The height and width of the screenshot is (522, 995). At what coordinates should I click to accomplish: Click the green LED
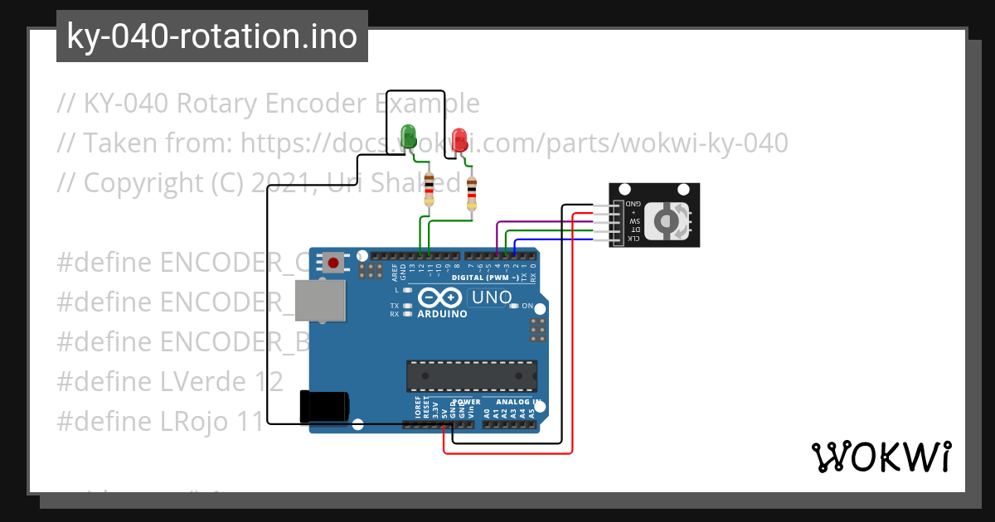click(408, 135)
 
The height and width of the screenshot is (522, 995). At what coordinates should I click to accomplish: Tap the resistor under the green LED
click(429, 190)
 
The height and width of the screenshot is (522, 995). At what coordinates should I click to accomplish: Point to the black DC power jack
click(324, 406)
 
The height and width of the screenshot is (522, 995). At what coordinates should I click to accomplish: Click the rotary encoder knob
click(665, 220)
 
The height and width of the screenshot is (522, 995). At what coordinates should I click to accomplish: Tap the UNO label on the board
click(491, 297)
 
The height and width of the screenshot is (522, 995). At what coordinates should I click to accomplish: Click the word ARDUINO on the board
click(442, 315)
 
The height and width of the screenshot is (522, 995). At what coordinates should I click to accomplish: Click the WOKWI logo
click(881, 457)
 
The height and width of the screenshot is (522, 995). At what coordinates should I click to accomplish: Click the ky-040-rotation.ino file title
click(211, 36)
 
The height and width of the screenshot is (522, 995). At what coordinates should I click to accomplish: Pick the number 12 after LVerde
click(267, 382)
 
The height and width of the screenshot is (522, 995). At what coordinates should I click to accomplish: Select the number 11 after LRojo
click(246, 422)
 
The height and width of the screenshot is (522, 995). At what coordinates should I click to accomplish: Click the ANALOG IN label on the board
click(517, 402)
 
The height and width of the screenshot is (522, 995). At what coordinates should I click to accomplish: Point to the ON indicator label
click(527, 306)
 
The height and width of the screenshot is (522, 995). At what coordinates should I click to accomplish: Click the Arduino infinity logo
click(439, 297)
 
